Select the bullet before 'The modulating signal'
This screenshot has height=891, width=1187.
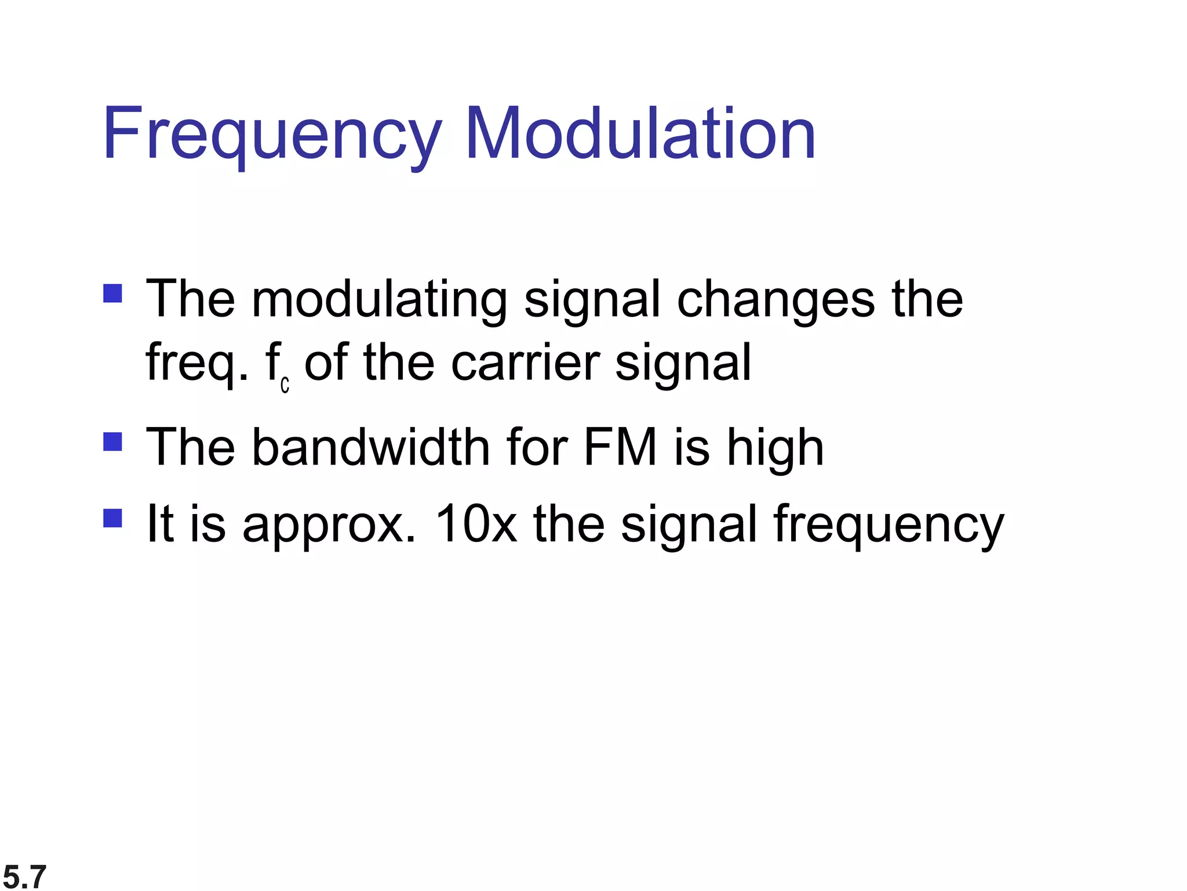click(112, 293)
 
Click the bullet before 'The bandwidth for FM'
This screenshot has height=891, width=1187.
click(112, 441)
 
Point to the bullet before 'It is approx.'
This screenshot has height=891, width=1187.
click(112, 517)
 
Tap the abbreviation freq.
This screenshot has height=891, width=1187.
click(197, 364)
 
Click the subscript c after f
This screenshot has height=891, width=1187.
click(285, 385)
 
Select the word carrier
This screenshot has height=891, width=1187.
click(525, 363)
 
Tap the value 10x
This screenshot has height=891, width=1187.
click(475, 523)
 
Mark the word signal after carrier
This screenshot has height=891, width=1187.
click(683, 364)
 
